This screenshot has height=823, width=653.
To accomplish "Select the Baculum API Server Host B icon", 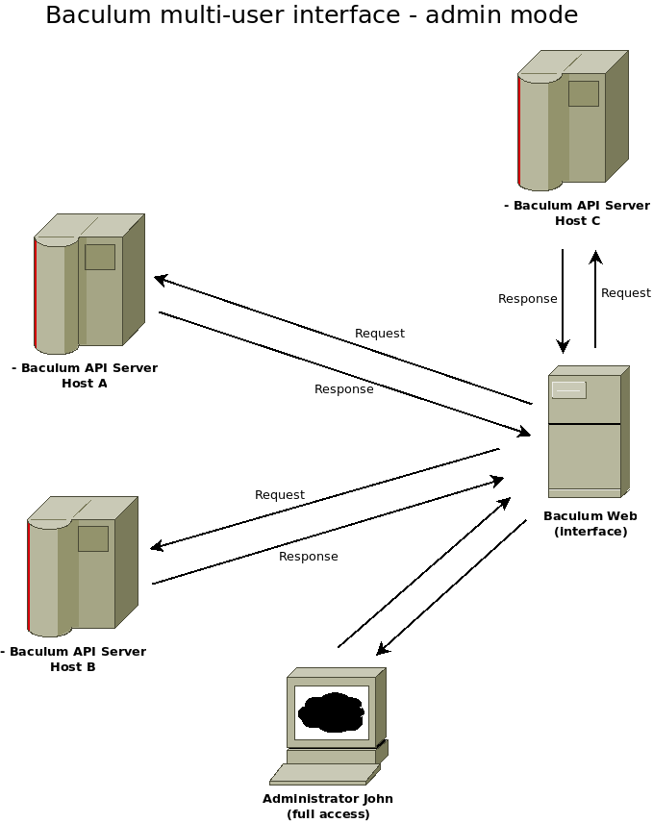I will (x=83, y=565).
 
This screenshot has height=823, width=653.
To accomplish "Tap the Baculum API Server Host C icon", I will (x=572, y=120).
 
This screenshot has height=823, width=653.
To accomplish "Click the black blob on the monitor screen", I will (x=332, y=712).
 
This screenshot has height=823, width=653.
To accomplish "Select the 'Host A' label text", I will (x=85, y=384).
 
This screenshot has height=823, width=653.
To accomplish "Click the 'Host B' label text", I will (x=73, y=667).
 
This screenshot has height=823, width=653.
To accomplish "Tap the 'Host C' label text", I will (x=577, y=221).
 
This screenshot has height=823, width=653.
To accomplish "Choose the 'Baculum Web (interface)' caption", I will (x=590, y=523).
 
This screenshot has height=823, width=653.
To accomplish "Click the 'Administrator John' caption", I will (x=328, y=799).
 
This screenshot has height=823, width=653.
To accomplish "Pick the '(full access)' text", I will (x=328, y=814).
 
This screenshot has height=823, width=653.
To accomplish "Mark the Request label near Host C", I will (x=626, y=293).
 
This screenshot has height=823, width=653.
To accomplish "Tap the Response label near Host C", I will (x=527, y=299).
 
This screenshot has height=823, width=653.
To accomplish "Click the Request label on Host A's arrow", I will (x=380, y=334).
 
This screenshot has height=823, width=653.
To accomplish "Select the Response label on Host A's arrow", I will (x=344, y=389).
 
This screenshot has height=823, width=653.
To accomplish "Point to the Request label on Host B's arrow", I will (x=280, y=495).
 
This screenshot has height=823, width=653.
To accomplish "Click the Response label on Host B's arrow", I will (x=309, y=557).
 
